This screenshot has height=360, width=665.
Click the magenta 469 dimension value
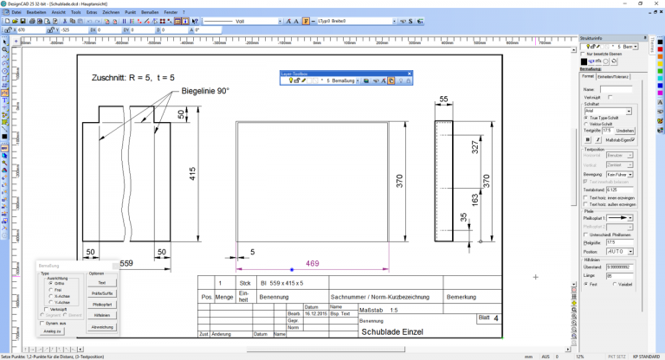coord(313,263)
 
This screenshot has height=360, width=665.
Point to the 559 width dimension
coord(126,262)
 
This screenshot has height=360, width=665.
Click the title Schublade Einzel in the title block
coord(392,331)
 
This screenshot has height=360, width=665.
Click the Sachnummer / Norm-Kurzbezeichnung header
coord(382,296)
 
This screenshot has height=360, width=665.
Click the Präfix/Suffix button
coord(101,293)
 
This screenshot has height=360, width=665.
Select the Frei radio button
coord(54,290)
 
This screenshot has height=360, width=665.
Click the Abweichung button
coord(101,327)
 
